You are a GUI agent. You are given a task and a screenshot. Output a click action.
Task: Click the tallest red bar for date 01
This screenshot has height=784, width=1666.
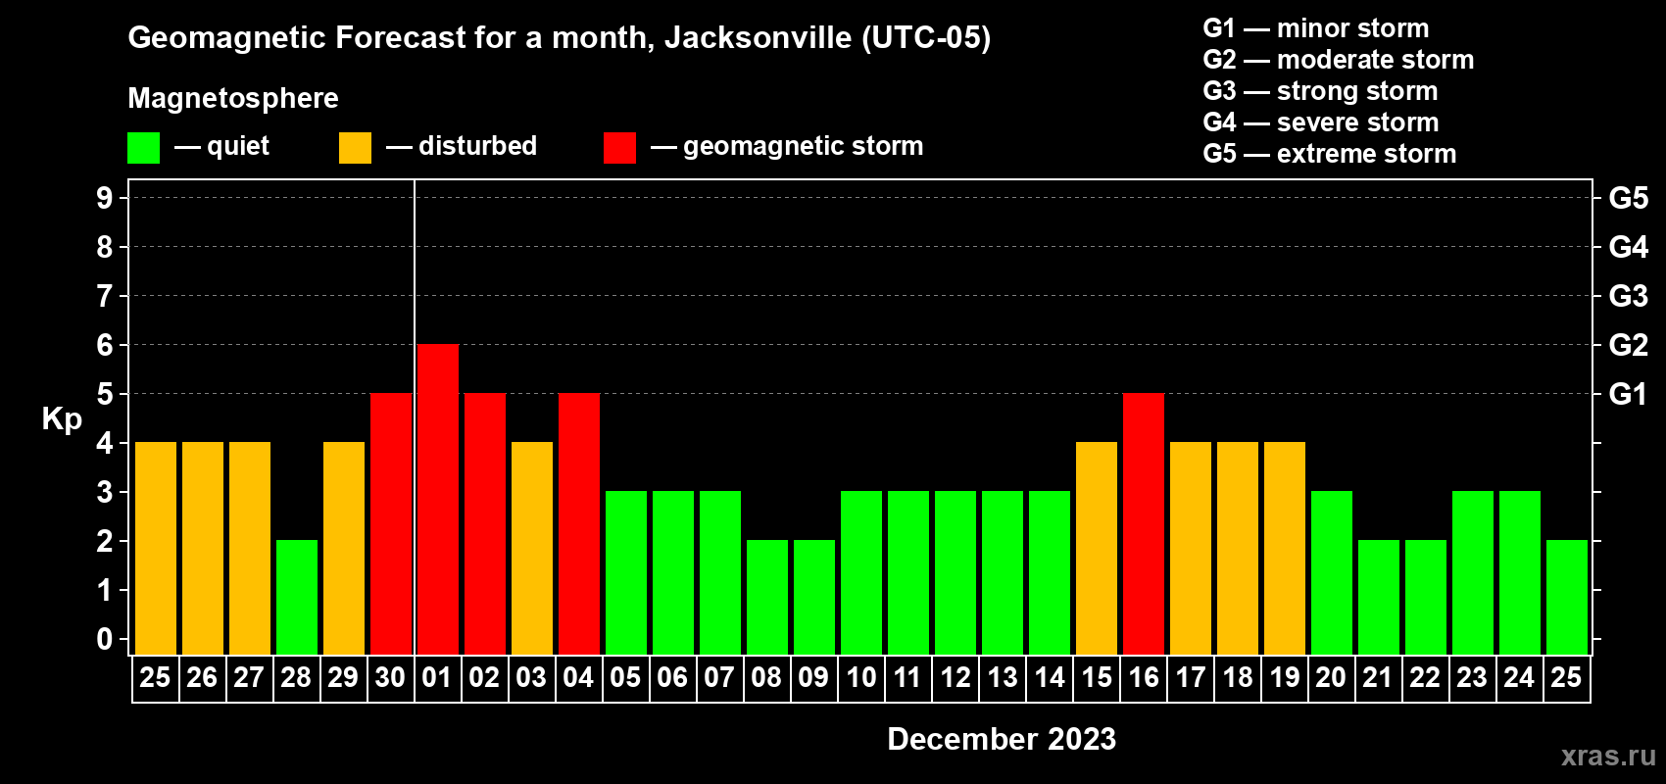(x=437, y=499)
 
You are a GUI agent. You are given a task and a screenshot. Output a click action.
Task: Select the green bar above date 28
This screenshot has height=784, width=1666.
(x=296, y=597)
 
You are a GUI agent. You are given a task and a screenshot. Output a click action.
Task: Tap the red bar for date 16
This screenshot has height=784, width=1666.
(x=1143, y=523)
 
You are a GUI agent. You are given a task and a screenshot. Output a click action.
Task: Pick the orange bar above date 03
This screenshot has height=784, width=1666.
(x=531, y=548)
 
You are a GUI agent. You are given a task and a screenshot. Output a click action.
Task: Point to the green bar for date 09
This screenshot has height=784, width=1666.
(x=813, y=597)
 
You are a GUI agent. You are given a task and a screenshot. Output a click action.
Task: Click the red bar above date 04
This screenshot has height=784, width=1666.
(x=578, y=523)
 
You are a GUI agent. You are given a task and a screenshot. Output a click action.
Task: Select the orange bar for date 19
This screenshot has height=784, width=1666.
(x=1284, y=548)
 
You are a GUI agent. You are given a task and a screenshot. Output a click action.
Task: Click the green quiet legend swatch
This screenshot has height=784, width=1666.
(x=143, y=148)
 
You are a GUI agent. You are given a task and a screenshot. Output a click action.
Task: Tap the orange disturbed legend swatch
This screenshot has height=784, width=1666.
(x=355, y=148)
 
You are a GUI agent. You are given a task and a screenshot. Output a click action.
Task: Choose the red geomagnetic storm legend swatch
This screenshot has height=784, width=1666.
(x=619, y=148)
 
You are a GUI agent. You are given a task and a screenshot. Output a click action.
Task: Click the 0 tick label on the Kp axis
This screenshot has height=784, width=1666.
(x=105, y=640)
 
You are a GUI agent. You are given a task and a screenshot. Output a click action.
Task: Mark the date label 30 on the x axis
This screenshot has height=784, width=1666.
(x=390, y=677)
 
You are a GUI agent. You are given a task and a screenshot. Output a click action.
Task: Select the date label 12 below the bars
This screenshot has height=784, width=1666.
(x=955, y=677)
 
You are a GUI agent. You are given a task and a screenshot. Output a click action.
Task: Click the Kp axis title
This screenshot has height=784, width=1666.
(x=62, y=419)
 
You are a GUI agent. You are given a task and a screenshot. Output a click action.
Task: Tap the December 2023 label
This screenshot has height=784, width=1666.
(x=1001, y=739)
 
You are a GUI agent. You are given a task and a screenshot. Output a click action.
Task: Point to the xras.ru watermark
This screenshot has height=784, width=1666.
(x=1608, y=756)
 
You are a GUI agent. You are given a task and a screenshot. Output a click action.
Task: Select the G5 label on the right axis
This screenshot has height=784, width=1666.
(x=1628, y=198)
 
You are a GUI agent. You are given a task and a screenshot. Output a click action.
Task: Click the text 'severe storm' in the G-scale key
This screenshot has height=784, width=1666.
(x=1357, y=122)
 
